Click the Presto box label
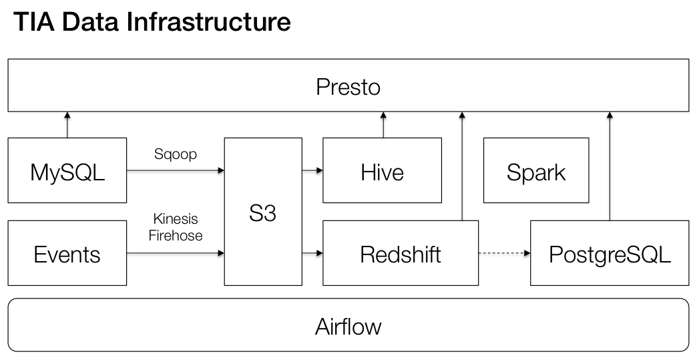348,87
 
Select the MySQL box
67,172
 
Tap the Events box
67,254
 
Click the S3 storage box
262,213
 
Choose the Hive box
382,172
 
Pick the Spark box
535,172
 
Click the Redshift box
400,254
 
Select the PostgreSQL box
609,254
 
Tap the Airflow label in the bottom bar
348,327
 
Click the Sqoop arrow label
175,155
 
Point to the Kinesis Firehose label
175,227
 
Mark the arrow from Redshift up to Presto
462,167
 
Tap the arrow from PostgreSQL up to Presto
609,167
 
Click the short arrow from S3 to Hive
312,171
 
